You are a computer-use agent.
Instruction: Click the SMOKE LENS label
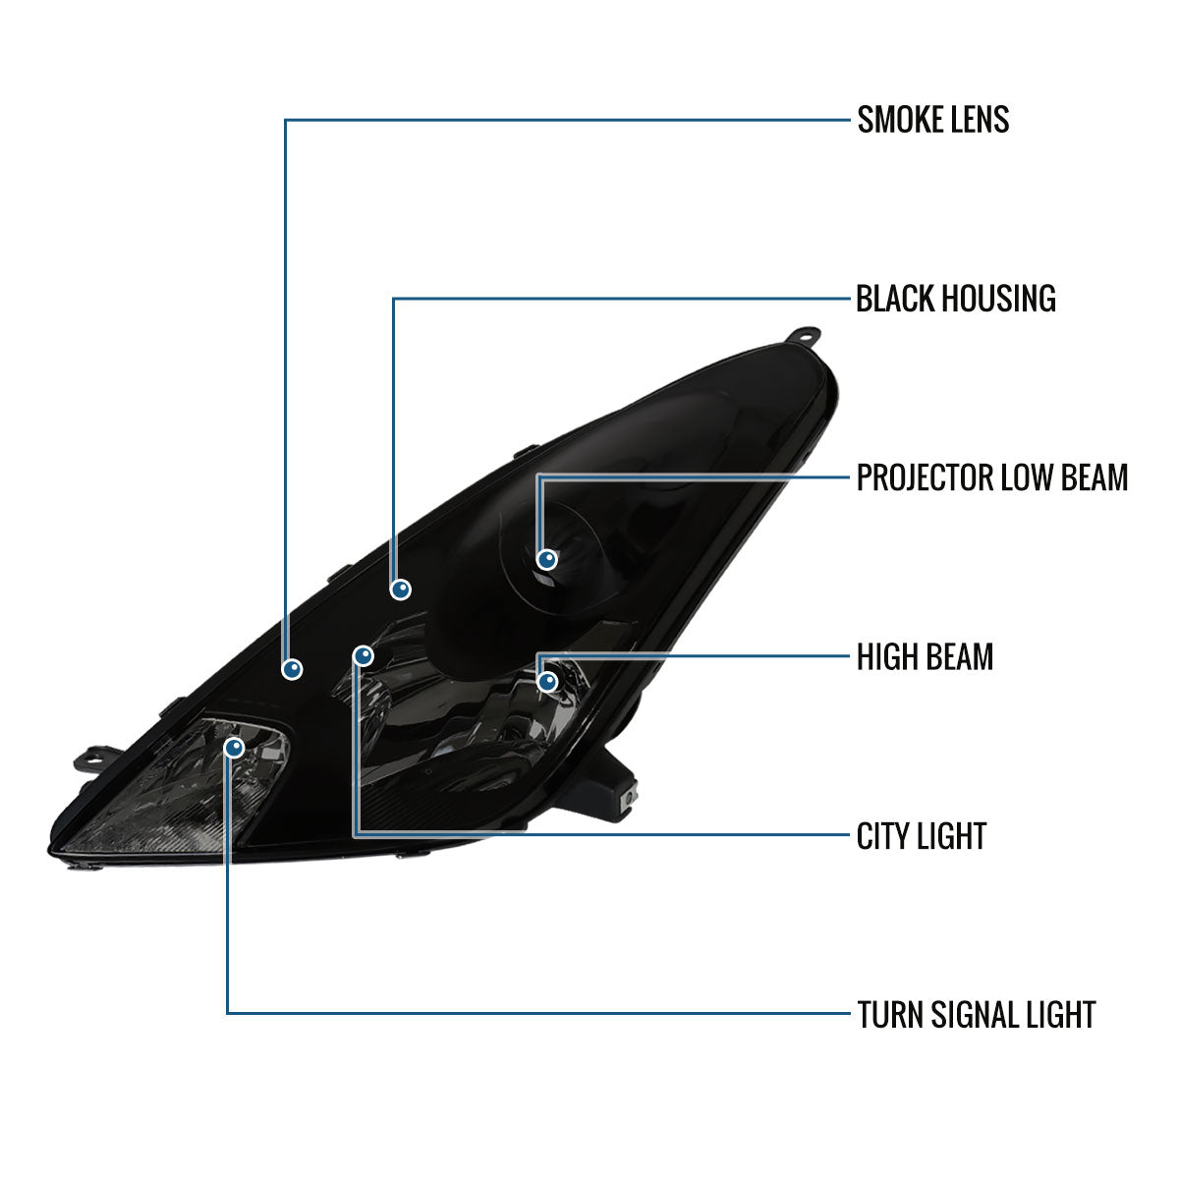tap(933, 119)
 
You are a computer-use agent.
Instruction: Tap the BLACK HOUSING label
tap(956, 299)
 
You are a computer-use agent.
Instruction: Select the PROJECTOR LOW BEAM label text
tap(991, 477)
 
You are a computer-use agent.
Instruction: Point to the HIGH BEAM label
tap(925, 657)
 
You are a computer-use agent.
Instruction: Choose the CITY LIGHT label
tap(922, 836)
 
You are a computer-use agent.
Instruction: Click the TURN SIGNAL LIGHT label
tap(977, 1015)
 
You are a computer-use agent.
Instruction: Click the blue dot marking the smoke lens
tap(292, 669)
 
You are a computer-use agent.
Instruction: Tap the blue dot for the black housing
tap(401, 589)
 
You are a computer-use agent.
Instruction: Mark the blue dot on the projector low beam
tap(547, 559)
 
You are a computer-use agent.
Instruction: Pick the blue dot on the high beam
tap(547, 682)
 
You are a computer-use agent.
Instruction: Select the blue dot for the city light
tap(364, 656)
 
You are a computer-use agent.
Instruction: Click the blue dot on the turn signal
tap(235, 748)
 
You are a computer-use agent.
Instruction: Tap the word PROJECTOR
tap(926, 477)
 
